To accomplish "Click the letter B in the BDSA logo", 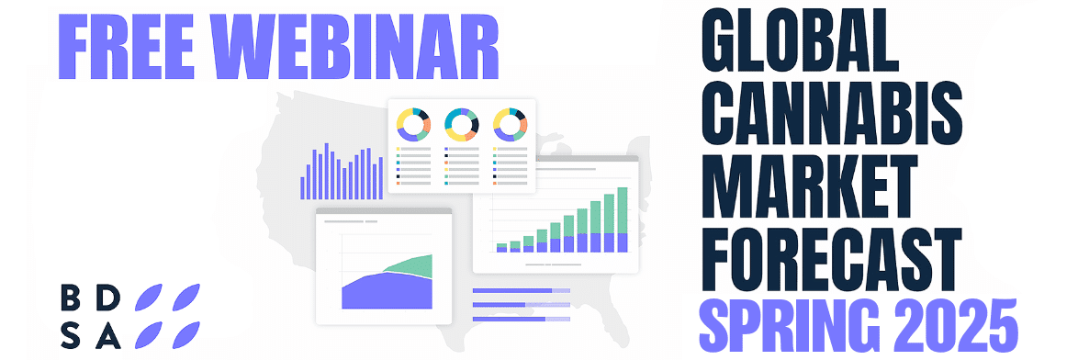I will point(71,298).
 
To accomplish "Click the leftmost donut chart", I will point(413,124).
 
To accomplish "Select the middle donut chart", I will point(461,124).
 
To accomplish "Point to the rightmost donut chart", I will point(509,124).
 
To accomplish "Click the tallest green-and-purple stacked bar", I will point(623,219).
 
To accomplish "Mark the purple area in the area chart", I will point(386,292).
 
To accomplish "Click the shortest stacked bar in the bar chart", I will point(501,247).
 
